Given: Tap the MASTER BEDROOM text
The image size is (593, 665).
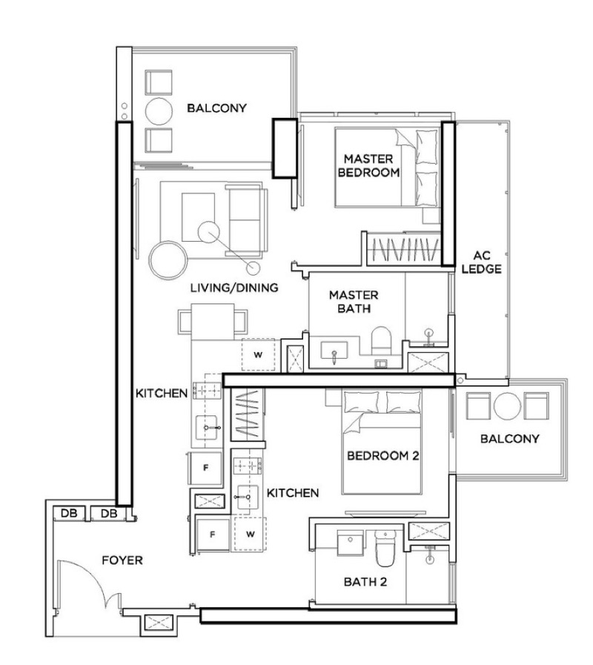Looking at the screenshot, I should pyautogui.click(x=368, y=165).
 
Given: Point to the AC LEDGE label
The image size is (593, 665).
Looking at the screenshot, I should pyautogui.click(x=477, y=262).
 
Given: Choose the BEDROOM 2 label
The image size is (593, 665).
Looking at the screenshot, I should pyautogui.click(x=383, y=457).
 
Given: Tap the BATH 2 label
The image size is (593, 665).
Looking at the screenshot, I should pyautogui.click(x=365, y=582).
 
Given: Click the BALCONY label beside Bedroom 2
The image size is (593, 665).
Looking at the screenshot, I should pyautogui.click(x=510, y=439).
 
